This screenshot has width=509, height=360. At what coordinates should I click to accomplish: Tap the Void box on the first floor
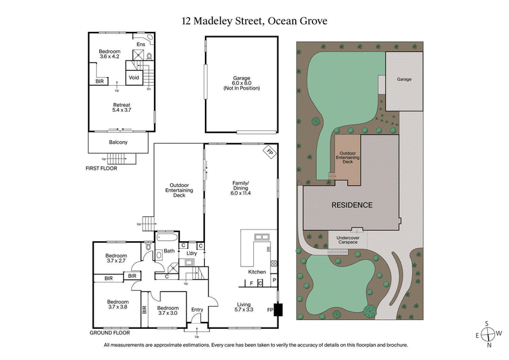pyautogui.click(x=134, y=78)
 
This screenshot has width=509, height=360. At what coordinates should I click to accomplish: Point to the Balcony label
pyautogui.click(x=118, y=142)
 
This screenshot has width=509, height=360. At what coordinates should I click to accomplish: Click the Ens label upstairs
pyautogui.click(x=141, y=44)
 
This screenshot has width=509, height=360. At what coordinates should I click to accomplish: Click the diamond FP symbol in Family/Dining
pyautogui.click(x=269, y=153)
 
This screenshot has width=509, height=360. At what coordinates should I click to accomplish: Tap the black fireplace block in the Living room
pyautogui.click(x=277, y=310)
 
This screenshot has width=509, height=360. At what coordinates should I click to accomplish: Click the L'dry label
pyautogui.click(x=190, y=254)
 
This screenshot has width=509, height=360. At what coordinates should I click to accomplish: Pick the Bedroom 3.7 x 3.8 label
pyautogui.click(x=118, y=304)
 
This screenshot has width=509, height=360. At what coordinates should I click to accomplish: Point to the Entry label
pyautogui.click(x=197, y=310)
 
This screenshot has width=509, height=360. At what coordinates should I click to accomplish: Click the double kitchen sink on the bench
pyautogui.click(x=260, y=237)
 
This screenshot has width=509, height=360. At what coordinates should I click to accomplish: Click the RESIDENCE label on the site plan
pyautogui.click(x=351, y=205)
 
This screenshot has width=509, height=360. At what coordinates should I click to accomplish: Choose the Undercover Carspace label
pyautogui.click(x=352, y=240)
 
